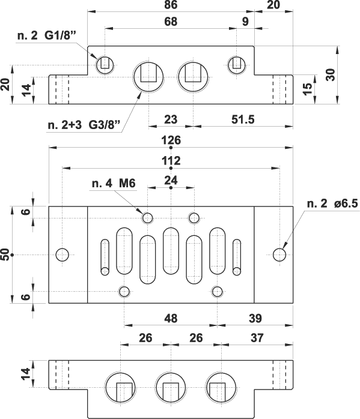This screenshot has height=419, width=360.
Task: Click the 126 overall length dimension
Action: [x=171, y=140]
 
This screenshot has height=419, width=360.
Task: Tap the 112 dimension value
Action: [x=171, y=161]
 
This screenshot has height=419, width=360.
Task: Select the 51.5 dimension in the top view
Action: [x=243, y=119]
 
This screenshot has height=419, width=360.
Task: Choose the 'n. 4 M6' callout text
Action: [x=114, y=183]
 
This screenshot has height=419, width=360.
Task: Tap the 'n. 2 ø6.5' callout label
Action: [x=332, y=203]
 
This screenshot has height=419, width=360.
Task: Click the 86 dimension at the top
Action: [x=171, y=5]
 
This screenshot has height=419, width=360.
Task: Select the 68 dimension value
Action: [x=171, y=22]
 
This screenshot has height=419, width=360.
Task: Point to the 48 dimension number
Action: [x=171, y=318]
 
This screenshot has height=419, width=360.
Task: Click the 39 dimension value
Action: [x=255, y=318]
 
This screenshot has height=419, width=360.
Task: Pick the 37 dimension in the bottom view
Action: [x=257, y=338]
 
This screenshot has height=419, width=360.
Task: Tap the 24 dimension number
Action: [x=171, y=180]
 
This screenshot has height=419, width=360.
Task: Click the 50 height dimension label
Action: [x=5, y=255]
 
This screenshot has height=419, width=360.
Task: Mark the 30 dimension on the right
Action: [x=331, y=75]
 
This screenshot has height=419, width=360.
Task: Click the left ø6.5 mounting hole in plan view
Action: [x=63, y=255]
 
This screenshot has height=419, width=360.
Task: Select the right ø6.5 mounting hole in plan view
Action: [x=279, y=255]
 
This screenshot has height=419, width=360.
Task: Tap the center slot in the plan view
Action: [x=171, y=251]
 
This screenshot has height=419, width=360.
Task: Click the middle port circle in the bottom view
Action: [x=171, y=387]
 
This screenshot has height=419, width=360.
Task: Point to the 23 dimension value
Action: [x=171, y=119]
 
